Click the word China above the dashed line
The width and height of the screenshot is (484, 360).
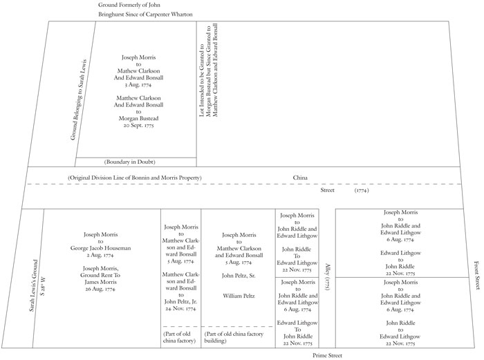300,178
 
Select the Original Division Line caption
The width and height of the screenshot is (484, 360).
135,178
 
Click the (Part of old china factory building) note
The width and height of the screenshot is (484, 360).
237,337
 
